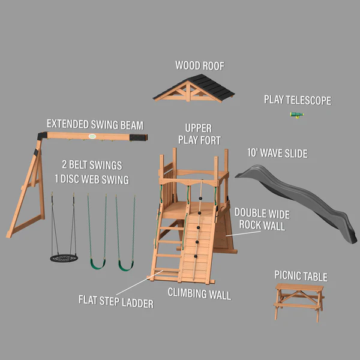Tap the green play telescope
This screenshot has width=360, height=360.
[x=296, y=115]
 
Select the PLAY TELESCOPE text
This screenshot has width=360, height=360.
[x=297, y=100]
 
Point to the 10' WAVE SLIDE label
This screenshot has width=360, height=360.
[x=277, y=154]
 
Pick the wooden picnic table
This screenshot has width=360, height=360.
[x=299, y=300]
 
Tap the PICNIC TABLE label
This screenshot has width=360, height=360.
[x=301, y=277]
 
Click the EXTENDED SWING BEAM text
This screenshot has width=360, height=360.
[x=95, y=125]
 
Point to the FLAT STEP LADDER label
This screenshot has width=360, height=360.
[x=116, y=301]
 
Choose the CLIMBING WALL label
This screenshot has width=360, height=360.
[x=199, y=294]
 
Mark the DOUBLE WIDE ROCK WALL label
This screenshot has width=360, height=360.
[x=262, y=219]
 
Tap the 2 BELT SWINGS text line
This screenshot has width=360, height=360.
[x=91, y=165]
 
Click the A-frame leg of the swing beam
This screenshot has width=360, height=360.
[x=27, y=192]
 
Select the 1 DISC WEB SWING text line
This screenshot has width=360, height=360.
[x=91, y=179]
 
